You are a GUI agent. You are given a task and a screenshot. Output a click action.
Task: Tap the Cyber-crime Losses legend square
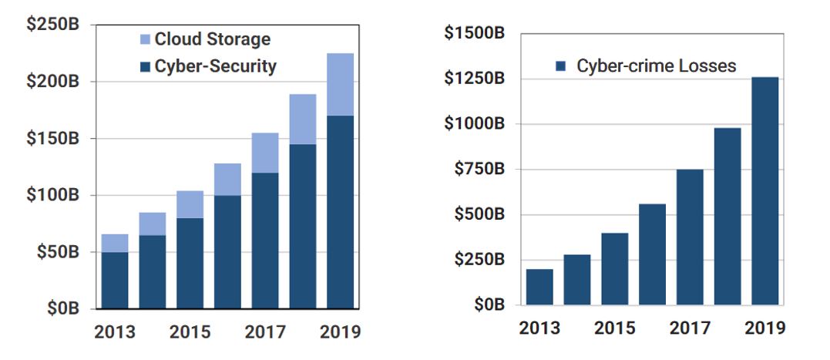(x=561, y=66)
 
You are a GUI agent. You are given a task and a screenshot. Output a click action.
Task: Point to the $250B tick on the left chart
(x=52, y=25)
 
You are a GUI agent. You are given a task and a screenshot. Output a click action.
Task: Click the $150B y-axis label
(x=52, y=138)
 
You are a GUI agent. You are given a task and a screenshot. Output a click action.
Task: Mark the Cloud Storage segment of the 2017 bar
(x=265, y=153)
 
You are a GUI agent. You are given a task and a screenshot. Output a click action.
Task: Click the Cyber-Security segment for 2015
(x=190, y=263)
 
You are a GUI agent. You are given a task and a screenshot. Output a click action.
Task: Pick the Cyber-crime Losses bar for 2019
(x=764, y=191)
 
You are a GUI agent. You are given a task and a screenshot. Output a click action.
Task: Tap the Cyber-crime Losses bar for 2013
(x=539, y=287)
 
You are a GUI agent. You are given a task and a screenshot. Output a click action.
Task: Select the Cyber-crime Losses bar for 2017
(x=690, y=237)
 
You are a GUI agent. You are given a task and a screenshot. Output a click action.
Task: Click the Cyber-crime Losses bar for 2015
(x=614, y=268)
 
